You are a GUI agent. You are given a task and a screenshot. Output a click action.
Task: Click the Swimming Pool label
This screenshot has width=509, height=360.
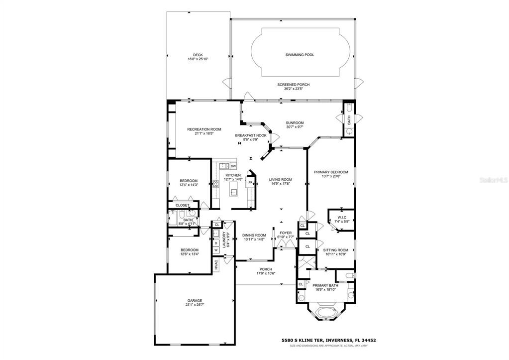(x=300, y=55)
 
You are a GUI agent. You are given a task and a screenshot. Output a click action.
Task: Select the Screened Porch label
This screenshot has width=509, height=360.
(x=293, y=85)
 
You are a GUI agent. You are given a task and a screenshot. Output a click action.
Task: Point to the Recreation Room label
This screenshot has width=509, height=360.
(x=204, y=129)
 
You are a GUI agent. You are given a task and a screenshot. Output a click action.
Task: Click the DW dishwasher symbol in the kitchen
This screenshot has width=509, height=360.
(x=233, y=166)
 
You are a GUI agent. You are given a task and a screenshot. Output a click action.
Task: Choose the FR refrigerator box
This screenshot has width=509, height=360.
(x=251, y=183)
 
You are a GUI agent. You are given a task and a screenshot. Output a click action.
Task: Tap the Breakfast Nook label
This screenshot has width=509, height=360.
(x=251, y=135)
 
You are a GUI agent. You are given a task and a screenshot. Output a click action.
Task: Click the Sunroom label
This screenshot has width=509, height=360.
(x=295, y=123)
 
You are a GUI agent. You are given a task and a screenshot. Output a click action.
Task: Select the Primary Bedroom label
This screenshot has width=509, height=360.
(x=331, y=172)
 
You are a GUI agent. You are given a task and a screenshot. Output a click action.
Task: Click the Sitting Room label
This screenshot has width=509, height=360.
(x=336, y=250)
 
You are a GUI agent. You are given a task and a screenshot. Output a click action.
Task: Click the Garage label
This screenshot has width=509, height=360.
(x=195, y=300)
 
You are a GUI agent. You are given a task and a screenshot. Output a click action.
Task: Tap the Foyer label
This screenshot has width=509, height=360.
(x=286, y=233)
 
